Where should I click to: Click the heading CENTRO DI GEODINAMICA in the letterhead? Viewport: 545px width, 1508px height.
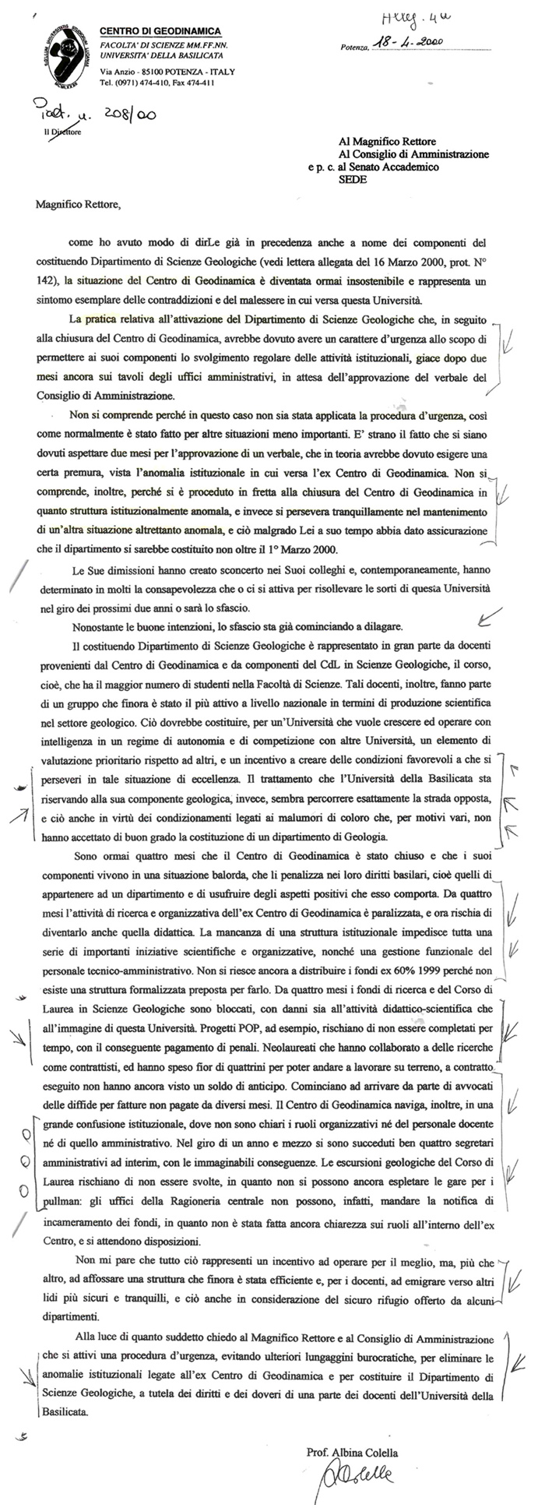[x=160, y=30]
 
